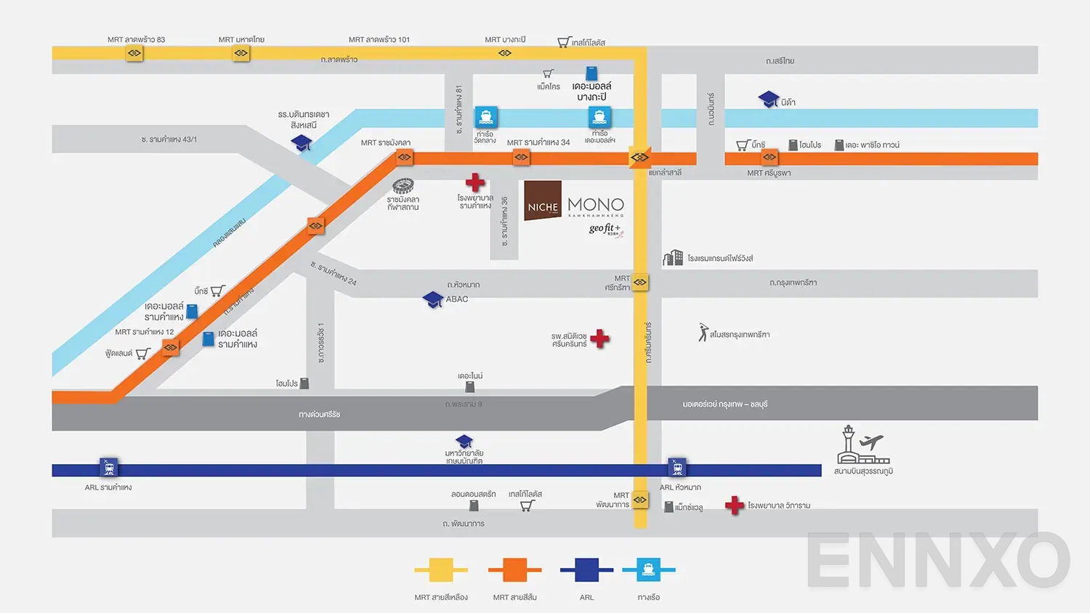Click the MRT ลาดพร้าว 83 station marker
click(134, 53)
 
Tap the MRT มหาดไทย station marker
click(241, 53)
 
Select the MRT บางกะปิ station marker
click(505, 53)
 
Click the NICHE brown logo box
click(543, 200)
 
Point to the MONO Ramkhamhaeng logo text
click(596, 206)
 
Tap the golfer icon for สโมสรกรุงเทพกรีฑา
click(703, 333)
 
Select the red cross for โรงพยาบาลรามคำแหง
click(475, 182)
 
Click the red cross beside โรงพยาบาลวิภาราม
click(735, 506)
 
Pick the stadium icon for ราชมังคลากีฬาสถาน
click(403, 186)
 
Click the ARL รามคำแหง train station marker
click(109, 467)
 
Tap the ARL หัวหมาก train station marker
click(677, 467)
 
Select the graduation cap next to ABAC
click(433, 299)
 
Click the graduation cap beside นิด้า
click(769, 100)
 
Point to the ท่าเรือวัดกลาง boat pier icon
click(485, 117)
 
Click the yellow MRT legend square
click(440, 570)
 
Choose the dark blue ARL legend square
click(586, 570)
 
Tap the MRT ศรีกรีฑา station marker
click(640, 282)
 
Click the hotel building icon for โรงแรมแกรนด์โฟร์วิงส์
click(673, 258)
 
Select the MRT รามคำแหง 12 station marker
click(171, 348)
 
